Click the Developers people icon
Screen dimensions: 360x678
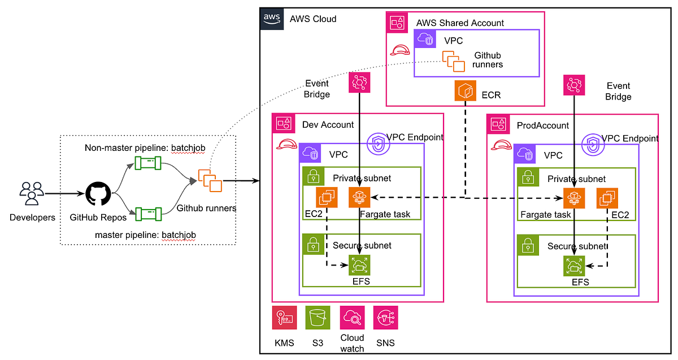[x=30, y=193]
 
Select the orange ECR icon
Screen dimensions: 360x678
[x=465, y=91]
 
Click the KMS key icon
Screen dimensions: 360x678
[x=284, y=318]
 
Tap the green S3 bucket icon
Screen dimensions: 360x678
[x=317, y=318]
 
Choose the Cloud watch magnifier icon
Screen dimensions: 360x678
[x=351, y=318]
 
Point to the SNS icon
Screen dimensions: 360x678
[x=386, y=318]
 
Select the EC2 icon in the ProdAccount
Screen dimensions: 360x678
[x=607, y=198]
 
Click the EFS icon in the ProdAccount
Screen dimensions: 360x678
[x=574, y=266]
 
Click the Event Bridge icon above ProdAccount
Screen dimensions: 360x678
[x=574, y=85]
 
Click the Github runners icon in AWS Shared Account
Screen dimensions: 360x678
[x=454, y=60]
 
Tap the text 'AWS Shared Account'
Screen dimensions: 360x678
[x=460, y=23]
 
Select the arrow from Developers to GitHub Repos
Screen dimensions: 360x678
[x=63, y=193]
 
